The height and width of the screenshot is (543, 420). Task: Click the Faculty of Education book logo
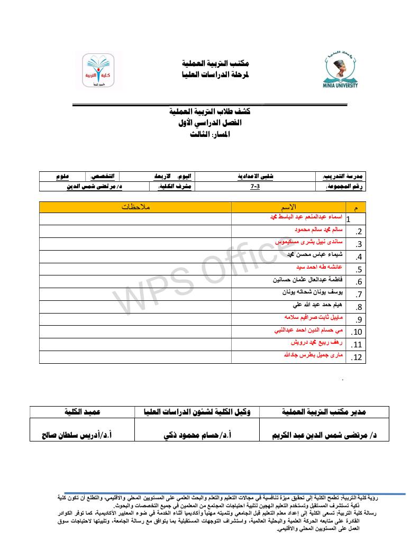pos(97,73)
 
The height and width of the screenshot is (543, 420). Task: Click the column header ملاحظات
pos(136,206)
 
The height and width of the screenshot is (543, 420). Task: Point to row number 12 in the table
pos(356,358)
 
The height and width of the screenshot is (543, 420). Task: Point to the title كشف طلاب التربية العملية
pos(210,112)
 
